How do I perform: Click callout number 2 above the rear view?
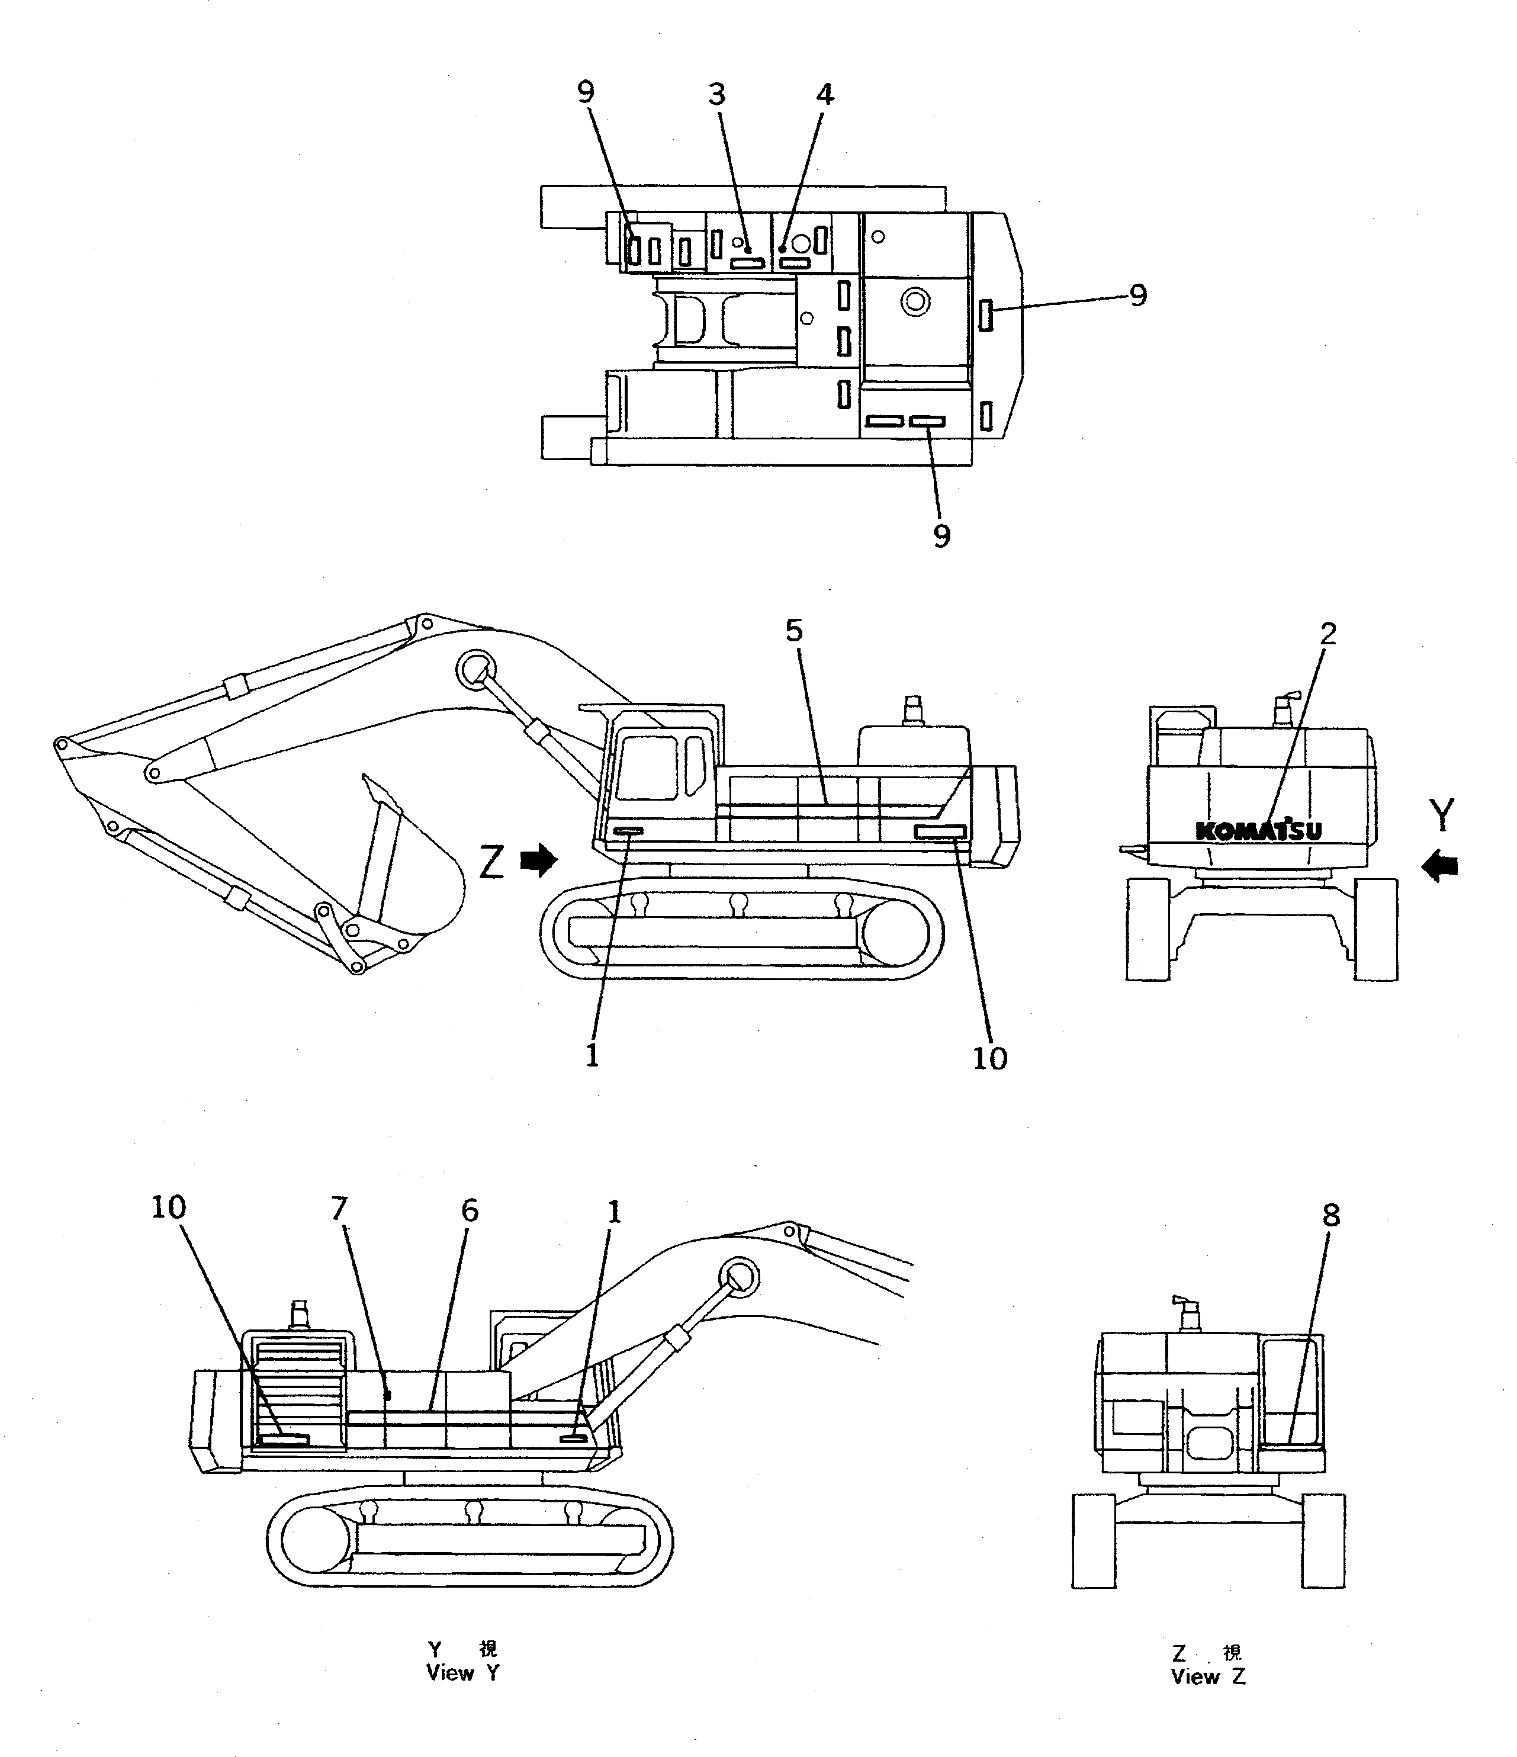pyautogui.click(x=1328, y=632)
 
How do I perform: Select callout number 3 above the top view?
pyautogui.click(x=718, y=94)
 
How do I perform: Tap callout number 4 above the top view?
pyautogui.click(x=824, y=94)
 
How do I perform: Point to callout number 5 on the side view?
pyautogui.click(x=793, y=630)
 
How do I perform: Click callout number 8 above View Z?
pyautogui.click(x=1331, y=1216)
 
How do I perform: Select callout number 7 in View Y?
pyautogui.click(x=340, y=1209)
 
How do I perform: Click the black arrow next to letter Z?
pyautogui.click(x=538, y=862)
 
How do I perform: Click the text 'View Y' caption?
pyautogui.click(x=462, y=1673)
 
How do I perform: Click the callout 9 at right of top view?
pyautogui.click(x=1138, y=295)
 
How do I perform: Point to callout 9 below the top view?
pyautogui.click(x=941, y=535)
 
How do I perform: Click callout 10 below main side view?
pyautogui.click(x=989, y=1058)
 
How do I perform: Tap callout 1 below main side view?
pyautogui.click(x=592, y=1056)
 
